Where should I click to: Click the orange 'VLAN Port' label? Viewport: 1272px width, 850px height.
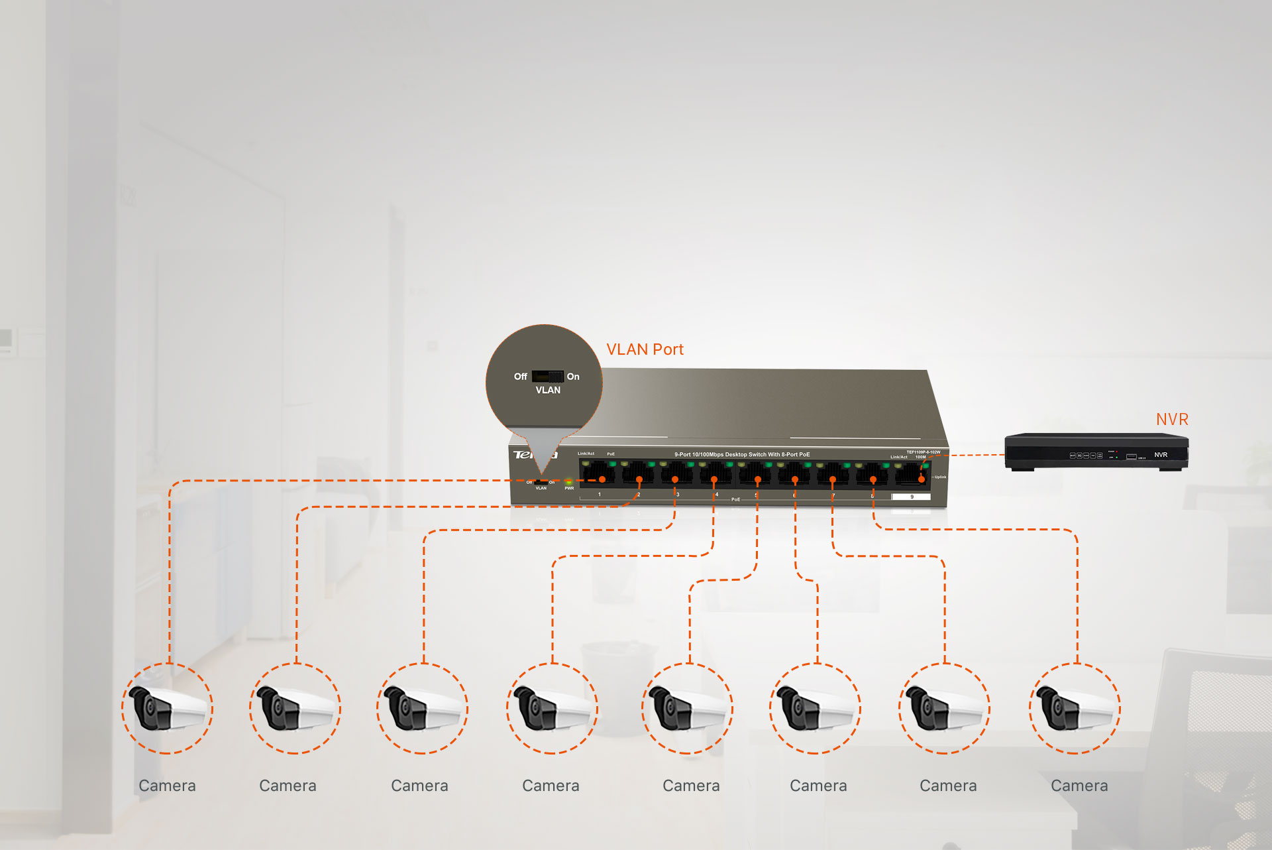645,349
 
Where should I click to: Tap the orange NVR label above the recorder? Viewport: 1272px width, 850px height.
1172,420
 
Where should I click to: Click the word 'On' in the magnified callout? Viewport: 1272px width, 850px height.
573,377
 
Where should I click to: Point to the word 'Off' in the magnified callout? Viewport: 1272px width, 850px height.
521,377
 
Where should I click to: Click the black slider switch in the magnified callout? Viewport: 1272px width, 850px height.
547,377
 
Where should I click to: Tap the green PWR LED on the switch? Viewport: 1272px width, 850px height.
568,481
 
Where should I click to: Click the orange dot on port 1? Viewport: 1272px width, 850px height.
602,479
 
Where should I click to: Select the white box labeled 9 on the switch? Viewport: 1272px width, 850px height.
912,497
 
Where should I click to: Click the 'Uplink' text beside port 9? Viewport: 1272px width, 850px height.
940,477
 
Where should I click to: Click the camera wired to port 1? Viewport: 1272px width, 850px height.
168,708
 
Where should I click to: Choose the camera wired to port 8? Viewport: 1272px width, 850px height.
1075,708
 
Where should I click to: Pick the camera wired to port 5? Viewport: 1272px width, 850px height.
688,708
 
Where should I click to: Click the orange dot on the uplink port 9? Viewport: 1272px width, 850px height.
922,479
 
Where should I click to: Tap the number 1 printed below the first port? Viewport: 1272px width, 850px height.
600,495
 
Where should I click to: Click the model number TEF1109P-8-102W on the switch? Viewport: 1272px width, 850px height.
923,452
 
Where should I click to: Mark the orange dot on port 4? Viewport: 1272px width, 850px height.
714,479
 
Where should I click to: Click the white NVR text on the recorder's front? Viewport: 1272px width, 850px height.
1161,455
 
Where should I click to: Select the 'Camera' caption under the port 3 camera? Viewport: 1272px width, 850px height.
419,786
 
